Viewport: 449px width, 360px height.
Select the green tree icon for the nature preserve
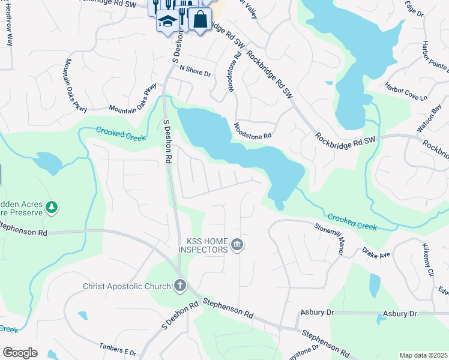pyautogui.click(x=52, y=207)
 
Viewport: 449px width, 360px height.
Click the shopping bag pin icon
pyautogui.click(x=200, y=19)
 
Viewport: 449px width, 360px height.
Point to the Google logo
pyautogui.click(x=20, y=353)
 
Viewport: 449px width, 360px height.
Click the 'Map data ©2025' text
pyautogui.click(x=423, y=355)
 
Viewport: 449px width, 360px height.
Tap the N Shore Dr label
pyautogui.click(x=195, y=73)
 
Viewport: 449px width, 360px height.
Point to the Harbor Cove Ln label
pyautogui.click(x=406, y=91)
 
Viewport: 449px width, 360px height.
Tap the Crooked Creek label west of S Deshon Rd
pyautogui.click(x=121, y=133)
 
